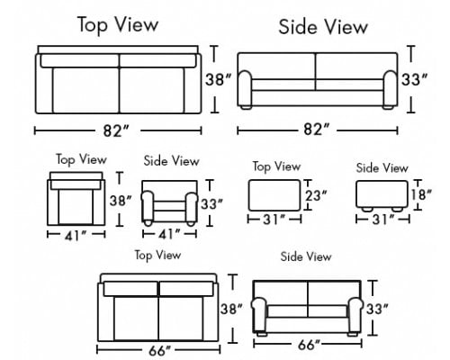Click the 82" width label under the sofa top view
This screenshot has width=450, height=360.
(x=116, y=130)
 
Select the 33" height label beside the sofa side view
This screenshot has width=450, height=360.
(x=414, y=80)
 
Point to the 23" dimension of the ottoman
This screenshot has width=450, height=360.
(x=316, y=196)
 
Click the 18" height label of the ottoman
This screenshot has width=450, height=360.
(x=421, y=194)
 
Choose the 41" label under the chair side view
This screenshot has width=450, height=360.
(x=169, y=234)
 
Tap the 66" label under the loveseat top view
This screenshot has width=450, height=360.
(x=159, y=351)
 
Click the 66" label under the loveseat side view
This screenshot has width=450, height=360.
(x=309, y=345)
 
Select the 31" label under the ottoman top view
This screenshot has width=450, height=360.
(x=274, y=220)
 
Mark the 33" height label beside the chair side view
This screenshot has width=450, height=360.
(x=211, y=204)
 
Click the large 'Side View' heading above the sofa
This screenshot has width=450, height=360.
(x=323, y=27)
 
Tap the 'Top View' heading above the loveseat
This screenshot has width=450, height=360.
(x=157, y=256)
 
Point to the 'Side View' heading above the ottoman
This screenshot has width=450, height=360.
(x=382, y=168)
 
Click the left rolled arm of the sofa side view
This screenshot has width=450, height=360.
(x=245, y=88)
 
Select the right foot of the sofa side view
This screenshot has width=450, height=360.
(x=388, y=107)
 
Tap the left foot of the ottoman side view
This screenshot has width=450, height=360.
(x=367, y=209)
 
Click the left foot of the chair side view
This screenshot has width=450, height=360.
(x=148, y=223)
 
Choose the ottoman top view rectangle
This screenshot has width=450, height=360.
(x=274, y=195)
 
